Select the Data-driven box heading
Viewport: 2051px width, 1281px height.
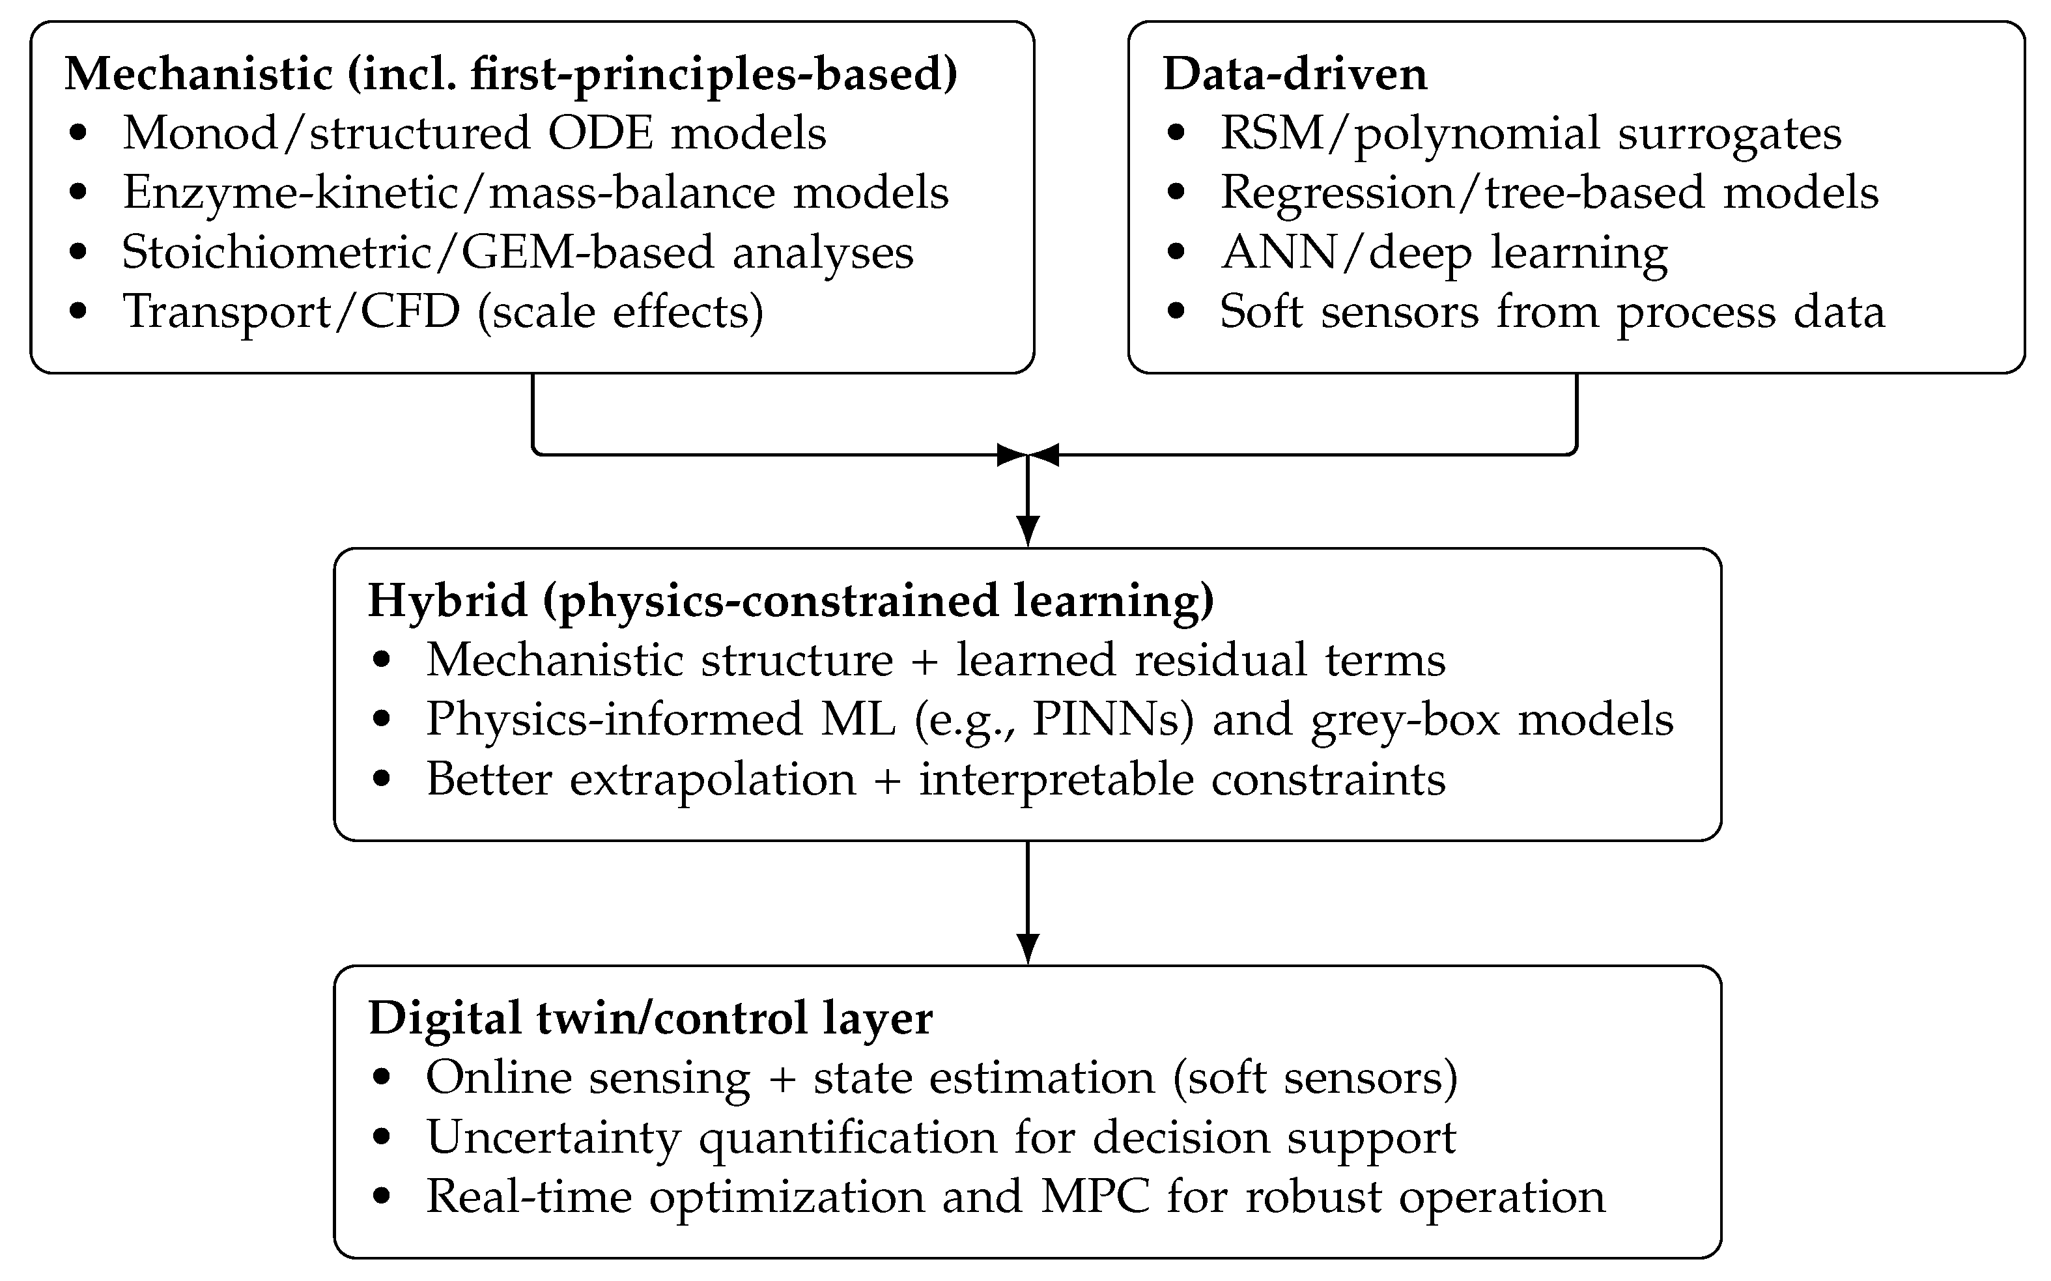[1294, 74]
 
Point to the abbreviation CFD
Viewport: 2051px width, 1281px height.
[410, 312]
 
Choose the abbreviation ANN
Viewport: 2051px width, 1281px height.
[1279, 253]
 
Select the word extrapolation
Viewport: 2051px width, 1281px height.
[713, 780]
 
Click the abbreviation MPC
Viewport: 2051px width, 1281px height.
[1095, 1197]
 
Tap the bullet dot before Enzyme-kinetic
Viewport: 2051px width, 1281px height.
[79, 193]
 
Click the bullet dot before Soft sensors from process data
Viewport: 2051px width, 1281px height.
[1175, 312]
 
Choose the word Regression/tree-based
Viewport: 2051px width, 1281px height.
[1462, 193]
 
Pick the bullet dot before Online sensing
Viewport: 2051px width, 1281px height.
[382, 1078]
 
